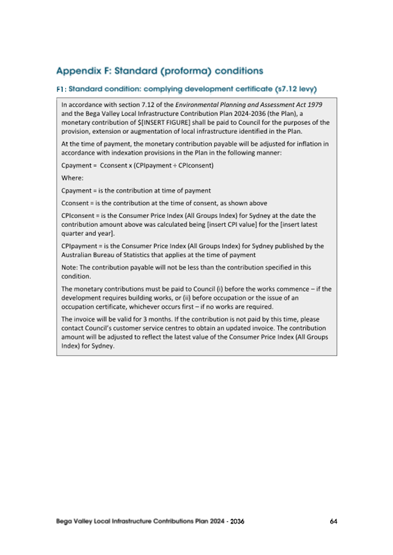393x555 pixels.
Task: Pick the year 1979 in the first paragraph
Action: [x=315, y=104]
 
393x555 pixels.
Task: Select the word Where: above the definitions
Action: [x=72, y=178]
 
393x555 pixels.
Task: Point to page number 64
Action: [x=333, y=521]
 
